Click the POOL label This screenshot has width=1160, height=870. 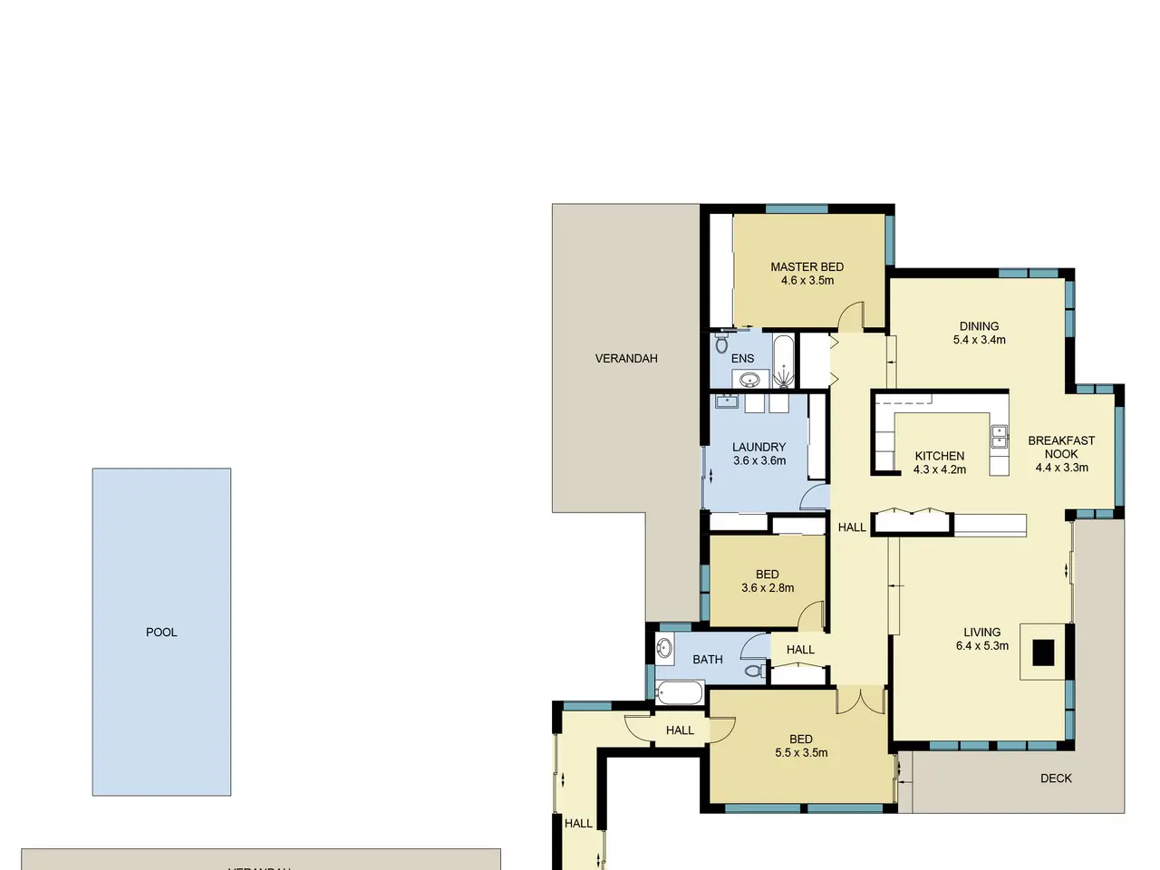tap(161, 633)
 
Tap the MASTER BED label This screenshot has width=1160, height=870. tap(807, 266)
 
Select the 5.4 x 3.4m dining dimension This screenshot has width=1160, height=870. tap(980, 340)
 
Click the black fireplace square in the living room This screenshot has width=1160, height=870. tap(1043, 652)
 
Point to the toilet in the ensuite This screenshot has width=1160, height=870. tap(721, 343)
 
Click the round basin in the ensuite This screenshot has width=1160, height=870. tap(749, 380)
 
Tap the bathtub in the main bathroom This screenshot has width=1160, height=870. tap(679, 692)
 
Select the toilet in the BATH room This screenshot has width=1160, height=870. tap(755, 671)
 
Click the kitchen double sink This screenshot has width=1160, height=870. tap(999, 436)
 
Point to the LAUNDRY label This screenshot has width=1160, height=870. tap(759, 447)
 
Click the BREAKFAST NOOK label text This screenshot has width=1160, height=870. tap(1061, 447)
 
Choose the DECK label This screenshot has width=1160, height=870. tap(1056, 778)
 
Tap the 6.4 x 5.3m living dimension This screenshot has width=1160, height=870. tap(981, 645)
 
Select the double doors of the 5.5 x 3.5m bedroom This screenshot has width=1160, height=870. tap(860, 701)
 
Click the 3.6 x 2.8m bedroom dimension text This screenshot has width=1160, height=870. tap(768, 588)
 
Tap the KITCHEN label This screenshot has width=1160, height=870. tap(940, 456)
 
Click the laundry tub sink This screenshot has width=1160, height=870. tap(727, 401)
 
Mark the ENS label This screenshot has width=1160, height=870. tap(742, 358)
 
